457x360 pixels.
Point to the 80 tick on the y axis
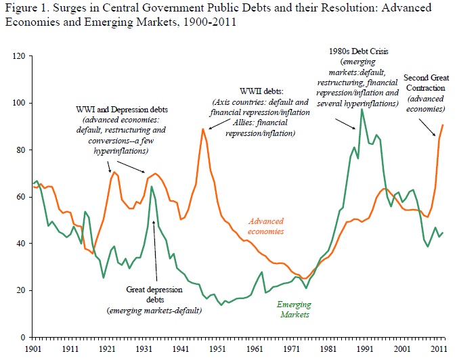(x=20, y=150)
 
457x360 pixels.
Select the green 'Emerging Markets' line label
(x=294, y=309)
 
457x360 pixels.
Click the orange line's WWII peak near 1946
(x=202, y=129)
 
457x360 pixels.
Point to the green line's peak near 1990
(x=362, y=109)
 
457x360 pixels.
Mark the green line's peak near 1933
(x=152, y=186)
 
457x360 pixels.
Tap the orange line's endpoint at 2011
(x=443, y=125)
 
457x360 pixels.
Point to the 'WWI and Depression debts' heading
(x=123, y=109)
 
